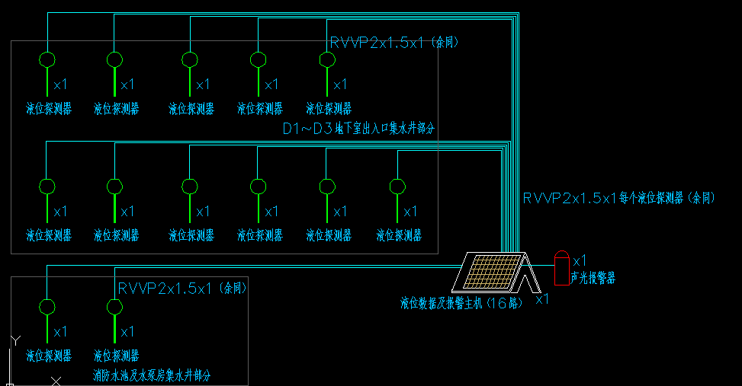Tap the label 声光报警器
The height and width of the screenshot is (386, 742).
coord(593,279)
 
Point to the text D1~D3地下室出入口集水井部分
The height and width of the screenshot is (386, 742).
coord(359,129)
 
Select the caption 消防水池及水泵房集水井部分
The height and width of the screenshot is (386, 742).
coord(152,376)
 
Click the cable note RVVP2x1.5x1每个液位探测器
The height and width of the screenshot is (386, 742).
coord(618,198)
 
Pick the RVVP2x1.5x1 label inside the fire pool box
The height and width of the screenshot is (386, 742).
coord(182,289)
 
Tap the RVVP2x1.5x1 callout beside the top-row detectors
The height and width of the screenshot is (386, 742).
coord(393,43)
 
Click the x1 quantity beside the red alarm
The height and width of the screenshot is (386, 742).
coord(580,260)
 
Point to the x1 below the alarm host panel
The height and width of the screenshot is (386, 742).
coord(542,300)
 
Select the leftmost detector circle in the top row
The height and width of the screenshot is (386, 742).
coord(47,59)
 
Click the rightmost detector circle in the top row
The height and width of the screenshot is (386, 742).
coord(326,59)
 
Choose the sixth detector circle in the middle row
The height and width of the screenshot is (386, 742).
coord(397,187)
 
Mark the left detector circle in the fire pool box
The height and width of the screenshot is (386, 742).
coord(47,307)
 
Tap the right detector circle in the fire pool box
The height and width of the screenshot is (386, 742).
coord(114,307)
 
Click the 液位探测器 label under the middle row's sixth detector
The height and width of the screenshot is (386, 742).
coord(399,236)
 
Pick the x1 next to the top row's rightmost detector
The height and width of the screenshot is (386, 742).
coord(340,84)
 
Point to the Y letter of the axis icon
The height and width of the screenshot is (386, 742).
coord(14,340)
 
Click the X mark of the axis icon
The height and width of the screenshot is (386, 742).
coord(56,380)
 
